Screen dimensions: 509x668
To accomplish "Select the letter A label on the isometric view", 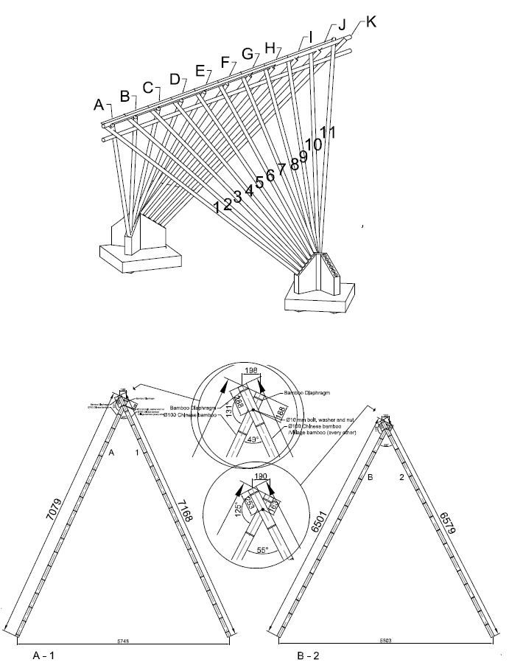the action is tap(99, 105).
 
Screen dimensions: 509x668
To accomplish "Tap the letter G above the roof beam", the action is tap(248, 54).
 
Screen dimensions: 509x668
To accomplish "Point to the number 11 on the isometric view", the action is tap(329, 133).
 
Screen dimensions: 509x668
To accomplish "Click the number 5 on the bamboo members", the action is tap(259, 181).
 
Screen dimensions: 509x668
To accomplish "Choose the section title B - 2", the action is tap(308, 654).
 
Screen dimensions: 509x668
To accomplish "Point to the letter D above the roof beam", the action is tap(175, 79).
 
